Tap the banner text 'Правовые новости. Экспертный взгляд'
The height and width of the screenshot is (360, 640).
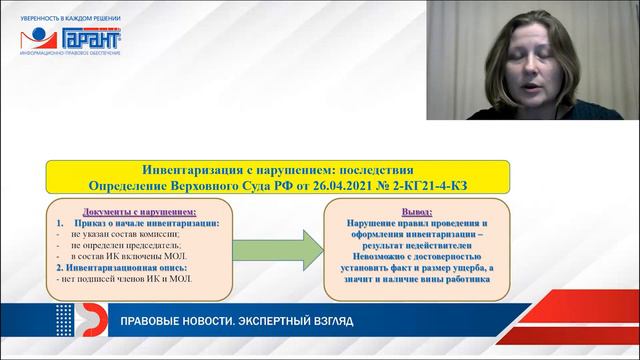[236, 322]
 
